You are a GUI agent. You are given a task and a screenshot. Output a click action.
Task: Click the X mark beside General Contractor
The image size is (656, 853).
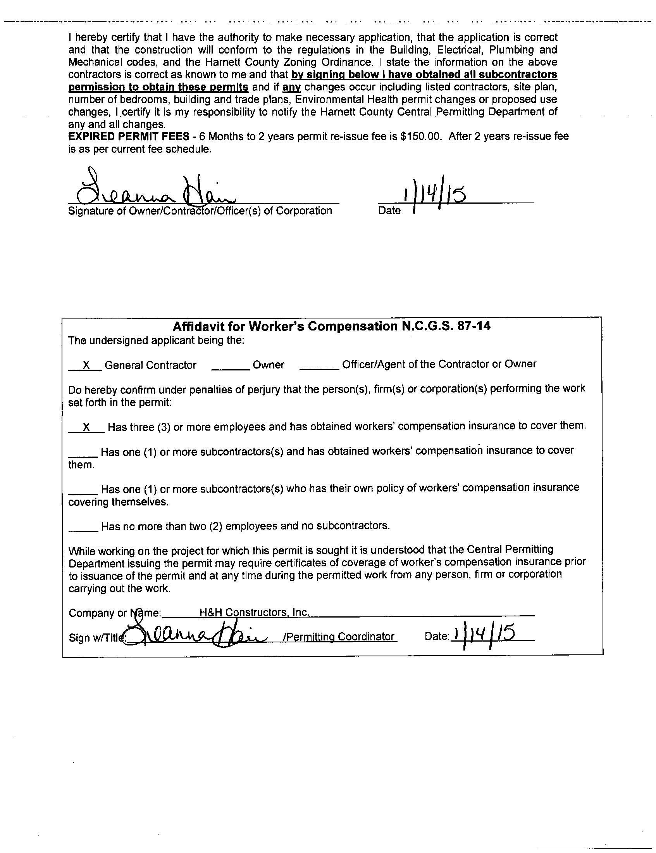coord(86,365)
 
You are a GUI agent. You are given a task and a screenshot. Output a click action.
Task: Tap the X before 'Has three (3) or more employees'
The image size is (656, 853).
coord(87,427)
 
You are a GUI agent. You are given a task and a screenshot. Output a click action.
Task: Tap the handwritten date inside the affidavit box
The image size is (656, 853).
coord(484,635)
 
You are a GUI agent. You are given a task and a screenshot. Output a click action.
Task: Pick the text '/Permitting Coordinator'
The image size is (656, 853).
coord(339,637)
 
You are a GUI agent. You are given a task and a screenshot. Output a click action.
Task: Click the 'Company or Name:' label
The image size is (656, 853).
coord(115,613)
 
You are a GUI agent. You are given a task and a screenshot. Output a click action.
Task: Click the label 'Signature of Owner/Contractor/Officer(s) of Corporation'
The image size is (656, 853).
coord(200,211)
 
